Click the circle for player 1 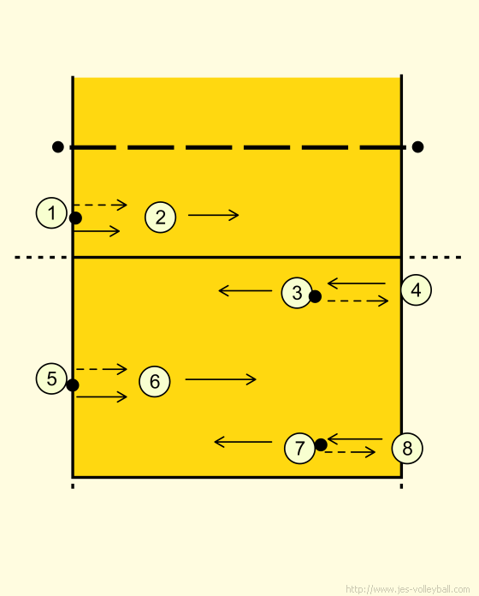tap(51, 213)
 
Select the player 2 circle tap(160, 217)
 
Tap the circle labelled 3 tap(297, 292)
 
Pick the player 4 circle tap(416, 290)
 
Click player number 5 tap(51, 378)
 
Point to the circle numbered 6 tap(155, 381)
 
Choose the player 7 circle tap(299, 448)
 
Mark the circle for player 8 tap(407, 448)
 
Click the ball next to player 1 tap(75, 218)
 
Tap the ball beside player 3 tap(315, 296)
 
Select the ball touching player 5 tap(73, 385)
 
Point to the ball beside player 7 tap(321, 444)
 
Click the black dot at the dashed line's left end tap(57, 146)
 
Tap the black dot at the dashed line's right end tap(417, 146)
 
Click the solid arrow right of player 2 tap(213, 215)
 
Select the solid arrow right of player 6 tap(221, 379)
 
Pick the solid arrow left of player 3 tap(245, 291)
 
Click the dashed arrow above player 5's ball tap(101, 369)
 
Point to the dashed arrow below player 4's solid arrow tap(358, 301)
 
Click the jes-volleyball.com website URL tap(408, 589)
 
